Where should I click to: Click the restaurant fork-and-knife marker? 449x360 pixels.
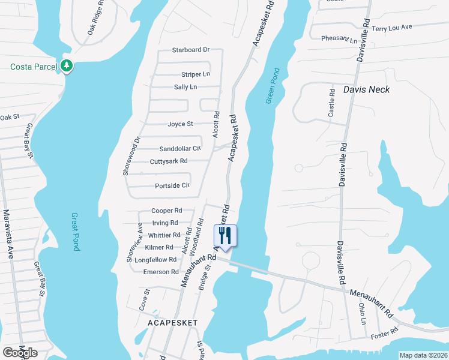226,235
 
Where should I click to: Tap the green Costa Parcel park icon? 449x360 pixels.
67,65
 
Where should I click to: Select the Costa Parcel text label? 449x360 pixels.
33,66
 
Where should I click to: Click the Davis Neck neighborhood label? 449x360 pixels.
366,89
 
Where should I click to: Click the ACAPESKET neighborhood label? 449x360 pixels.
173,322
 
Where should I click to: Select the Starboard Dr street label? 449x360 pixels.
190,50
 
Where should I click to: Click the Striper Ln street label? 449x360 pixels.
196,74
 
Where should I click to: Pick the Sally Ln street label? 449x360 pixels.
185,87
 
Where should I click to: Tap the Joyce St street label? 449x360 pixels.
181,124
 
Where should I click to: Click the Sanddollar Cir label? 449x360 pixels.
180,149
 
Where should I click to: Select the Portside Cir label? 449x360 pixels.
172,185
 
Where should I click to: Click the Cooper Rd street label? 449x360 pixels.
166,211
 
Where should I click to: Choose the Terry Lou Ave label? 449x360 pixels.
392,28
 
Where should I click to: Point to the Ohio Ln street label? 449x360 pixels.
362,313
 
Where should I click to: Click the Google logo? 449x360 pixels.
20,353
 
